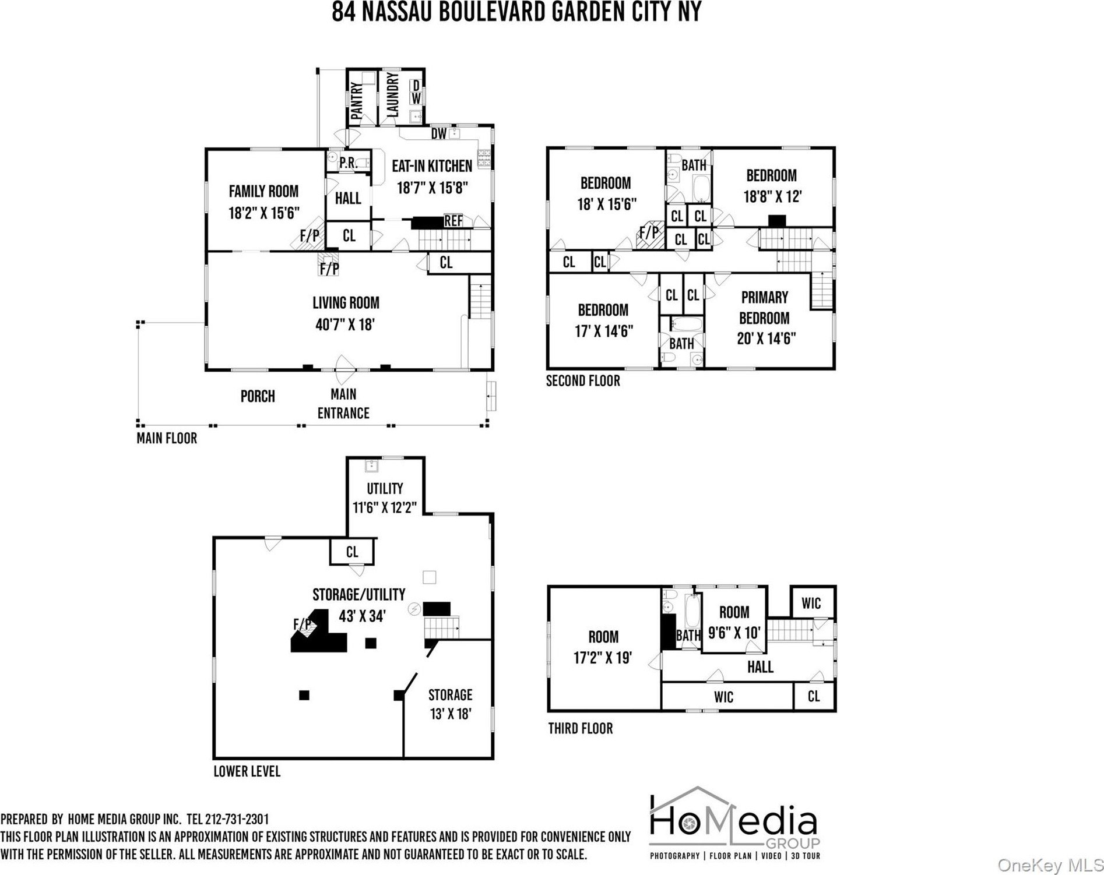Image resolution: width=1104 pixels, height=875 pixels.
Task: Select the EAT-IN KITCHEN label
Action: [x=432, y=167]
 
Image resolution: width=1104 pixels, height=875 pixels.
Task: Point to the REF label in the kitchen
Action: [x=453, y=221]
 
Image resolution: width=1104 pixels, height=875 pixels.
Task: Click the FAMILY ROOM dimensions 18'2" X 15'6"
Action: [x=264, y=213]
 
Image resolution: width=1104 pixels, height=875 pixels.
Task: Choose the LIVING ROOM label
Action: [x=346, y=303]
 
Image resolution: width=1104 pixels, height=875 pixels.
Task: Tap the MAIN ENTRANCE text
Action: [x=343, y=404]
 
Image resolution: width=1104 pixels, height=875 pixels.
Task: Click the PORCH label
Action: [x=258, y=397]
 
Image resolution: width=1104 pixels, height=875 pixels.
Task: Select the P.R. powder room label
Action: [x=348, y=163]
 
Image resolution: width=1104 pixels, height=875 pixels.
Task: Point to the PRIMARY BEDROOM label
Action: [x=764, y=308]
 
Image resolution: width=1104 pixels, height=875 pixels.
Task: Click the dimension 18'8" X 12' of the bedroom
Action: [x=772, y=196]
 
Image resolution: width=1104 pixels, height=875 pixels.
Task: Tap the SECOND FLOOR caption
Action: [x=583, y=381]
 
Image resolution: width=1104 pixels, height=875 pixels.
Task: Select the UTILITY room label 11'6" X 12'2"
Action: [x=385, y=498]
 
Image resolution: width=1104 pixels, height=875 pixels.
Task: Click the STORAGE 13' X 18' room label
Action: [x=450, y=704]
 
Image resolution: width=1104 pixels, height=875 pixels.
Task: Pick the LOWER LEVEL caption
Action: [x=247, y=771]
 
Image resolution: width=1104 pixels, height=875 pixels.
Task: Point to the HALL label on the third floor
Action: [x=760, y=667]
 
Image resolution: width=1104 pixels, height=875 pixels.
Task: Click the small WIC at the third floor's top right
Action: [x=811, y=603]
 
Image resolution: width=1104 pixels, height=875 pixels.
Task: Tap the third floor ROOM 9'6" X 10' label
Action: [x=734, y=622]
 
